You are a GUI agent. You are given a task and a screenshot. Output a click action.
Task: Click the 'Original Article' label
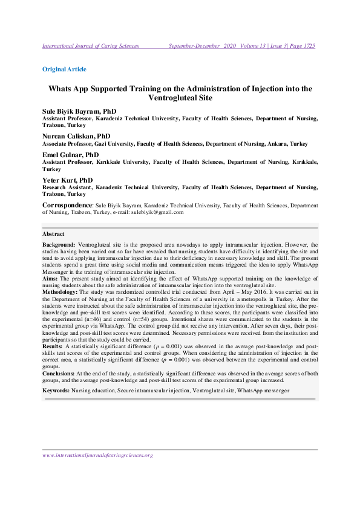64,69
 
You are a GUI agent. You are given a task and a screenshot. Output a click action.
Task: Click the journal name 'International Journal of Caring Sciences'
91,46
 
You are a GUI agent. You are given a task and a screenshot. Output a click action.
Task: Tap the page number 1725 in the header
307,46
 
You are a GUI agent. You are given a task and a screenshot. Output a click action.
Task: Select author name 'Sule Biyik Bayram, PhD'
79,112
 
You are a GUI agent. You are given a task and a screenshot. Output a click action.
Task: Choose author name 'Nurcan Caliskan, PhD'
76,137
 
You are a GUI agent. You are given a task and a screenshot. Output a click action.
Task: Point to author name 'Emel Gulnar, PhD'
71,155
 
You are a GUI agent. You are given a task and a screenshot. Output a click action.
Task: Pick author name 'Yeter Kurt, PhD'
67,180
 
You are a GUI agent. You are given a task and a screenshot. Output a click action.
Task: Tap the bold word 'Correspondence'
67,206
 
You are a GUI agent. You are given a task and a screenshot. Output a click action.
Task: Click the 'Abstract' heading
53,234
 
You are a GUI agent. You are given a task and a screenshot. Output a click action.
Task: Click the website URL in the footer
97,455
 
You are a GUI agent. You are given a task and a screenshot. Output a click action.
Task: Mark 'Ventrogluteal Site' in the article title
180,98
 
